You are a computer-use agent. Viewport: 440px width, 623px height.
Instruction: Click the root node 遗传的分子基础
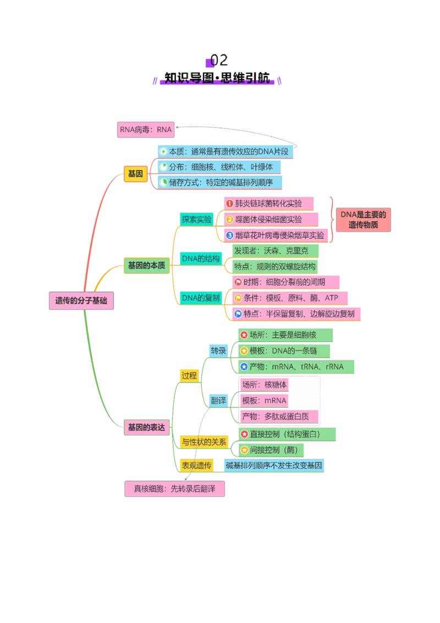[x=81, y=300]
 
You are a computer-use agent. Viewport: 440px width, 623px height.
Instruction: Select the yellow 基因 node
[x=135, y=174]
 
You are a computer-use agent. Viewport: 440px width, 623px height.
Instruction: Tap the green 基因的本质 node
[x=146, y=265]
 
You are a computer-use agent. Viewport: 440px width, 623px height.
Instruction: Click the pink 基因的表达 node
[x=146, y=428]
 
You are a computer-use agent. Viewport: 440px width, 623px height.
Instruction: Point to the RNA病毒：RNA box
[x=146, y=129]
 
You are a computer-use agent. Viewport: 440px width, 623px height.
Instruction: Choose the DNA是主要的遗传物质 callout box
[x=364, y=220]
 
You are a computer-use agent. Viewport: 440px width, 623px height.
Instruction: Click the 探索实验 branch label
[x=196, y=220]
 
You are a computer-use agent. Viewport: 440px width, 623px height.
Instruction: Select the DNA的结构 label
[x=201, y=259]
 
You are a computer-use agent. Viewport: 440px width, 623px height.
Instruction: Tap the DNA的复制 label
[x=201, y=298]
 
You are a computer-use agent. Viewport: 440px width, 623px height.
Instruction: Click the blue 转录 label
[x=218, y=351]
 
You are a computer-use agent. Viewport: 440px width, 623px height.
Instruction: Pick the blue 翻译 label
[x=218, y=401]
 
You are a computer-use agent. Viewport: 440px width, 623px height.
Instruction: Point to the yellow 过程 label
[x=189, y=375]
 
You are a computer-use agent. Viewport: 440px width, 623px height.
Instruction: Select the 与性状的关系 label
[x=204, y=442]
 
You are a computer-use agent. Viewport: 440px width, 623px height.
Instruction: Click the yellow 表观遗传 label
[x=196, y=465]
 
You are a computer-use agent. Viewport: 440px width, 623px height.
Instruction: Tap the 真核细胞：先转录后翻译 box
[x=175, y=489]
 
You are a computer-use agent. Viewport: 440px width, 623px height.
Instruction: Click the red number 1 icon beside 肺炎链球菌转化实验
[x=229, y=204]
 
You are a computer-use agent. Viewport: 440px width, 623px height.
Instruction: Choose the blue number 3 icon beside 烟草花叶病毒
[x=229, y=235]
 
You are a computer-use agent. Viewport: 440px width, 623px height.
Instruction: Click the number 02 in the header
[x=219, y=61]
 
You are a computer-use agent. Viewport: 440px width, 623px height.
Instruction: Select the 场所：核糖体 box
[x=265, y=385]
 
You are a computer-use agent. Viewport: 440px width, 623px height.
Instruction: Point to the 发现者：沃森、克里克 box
[x=276, y=251]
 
